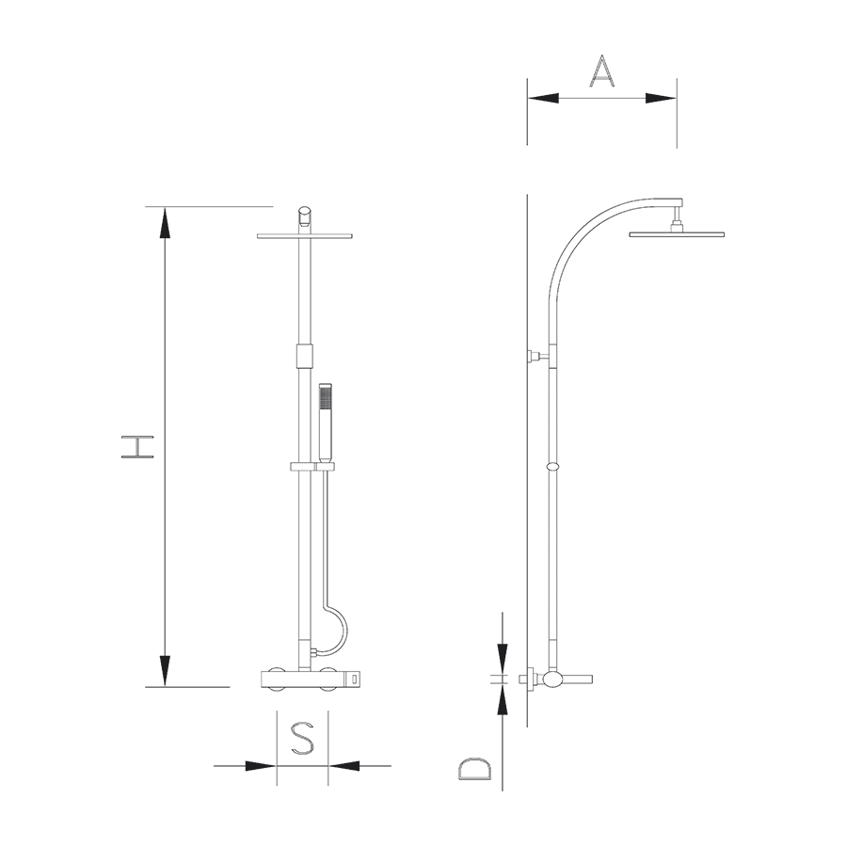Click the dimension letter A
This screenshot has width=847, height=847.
pos(601,72)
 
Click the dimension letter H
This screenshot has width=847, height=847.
pos(137,447)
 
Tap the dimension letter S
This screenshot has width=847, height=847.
pos(302,739)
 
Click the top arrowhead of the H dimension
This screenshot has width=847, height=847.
pos(166,222)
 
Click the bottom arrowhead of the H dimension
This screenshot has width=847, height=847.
pos(166,671)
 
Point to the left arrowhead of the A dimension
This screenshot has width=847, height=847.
pos(543,98)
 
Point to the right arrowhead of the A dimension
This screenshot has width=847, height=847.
pos(661,98)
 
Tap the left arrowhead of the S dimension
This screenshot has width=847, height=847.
pos(261,765)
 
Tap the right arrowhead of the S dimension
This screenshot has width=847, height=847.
pos(344,765)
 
